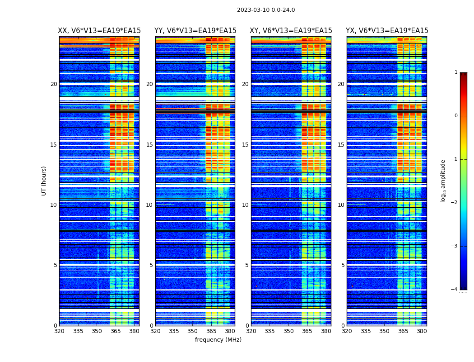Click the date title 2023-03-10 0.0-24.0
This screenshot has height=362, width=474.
coord(266,10)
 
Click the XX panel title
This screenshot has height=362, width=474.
coord(99,31)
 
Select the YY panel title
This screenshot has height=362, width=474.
coord(195,31)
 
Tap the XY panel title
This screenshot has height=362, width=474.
coord(291,31)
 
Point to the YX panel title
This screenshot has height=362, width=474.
coord(387,31)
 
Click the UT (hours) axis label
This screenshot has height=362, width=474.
coord(44,181)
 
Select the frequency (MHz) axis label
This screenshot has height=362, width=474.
coord(218,340)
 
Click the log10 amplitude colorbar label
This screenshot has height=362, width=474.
coord(443,181)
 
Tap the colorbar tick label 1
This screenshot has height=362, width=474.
coord(455,72)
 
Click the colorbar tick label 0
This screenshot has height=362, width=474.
coord(455,116)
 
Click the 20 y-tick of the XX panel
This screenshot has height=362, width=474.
coord(54,84)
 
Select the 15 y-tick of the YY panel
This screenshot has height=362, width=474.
coord(150,145)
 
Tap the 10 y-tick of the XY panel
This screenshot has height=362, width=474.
coord(246,205)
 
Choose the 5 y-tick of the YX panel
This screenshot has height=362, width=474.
coord(343,265)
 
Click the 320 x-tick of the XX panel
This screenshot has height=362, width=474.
coord(59,331)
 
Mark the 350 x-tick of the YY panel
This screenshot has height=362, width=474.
coord(193,331)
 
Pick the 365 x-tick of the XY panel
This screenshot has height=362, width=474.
coord(307,331)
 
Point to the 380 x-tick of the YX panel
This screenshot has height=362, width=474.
coord(422,331)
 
